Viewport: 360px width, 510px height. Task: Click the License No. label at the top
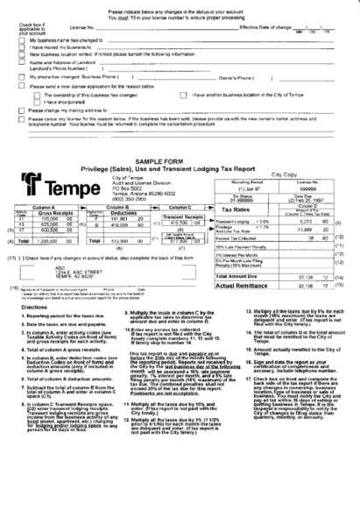tap(79, 27)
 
